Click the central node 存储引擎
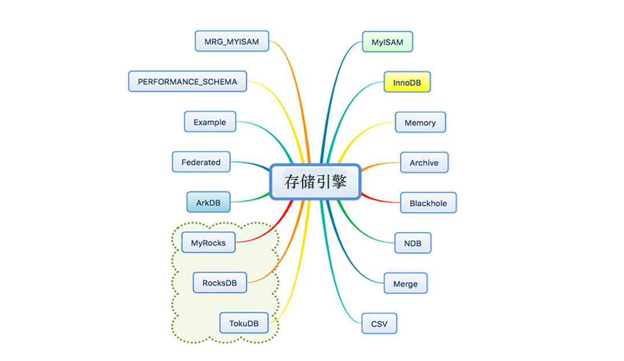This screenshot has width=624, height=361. tap(315, 182)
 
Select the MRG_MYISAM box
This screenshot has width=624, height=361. tap(231, 41)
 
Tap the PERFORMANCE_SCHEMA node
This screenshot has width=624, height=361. tap(187, 81)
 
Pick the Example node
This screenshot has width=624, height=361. tap(210, 122)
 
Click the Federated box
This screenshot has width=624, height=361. tap(201, 162)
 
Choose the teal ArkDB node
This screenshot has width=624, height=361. tap(209, 203)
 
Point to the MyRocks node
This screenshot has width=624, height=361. tap(209, 243)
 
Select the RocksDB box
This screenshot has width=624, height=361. tap(220, 283)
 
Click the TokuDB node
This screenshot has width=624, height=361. tap(244, 323)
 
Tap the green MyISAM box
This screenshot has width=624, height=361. tap(387, 42)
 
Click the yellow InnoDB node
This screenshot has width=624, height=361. tap(407, 83)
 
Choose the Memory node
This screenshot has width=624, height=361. tap(420, 122)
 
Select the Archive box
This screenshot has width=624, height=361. tap(424, 163)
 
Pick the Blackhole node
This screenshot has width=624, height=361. tap(428, 203)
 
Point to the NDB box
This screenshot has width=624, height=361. tap(413, 243)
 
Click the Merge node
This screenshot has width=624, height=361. tap(406, 284)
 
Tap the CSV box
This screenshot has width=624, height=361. tap(380, 324)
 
